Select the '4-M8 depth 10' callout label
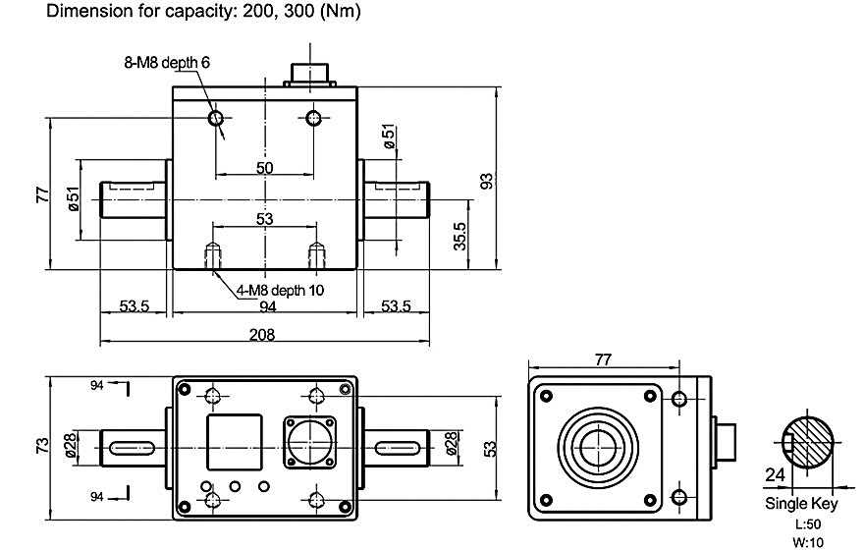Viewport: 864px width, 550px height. (x=279, y=290)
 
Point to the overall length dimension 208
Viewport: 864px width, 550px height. (x=263, y=334)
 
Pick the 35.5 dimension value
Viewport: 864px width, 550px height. (x=459, y=236)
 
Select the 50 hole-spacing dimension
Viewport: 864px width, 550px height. (x=264, y=167)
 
